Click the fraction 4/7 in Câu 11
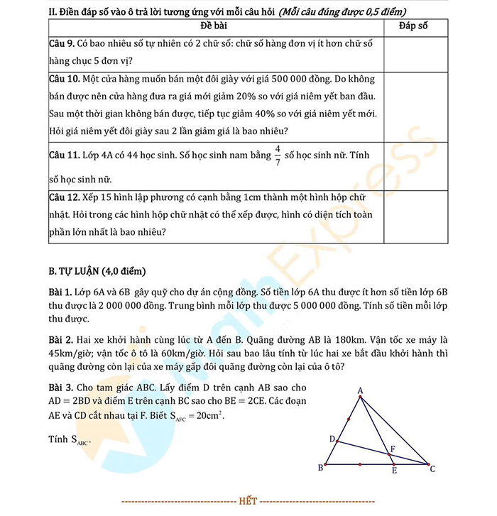(278, 155)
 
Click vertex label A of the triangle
(361, 391)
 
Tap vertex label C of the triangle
(432, 469)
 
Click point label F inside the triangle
(393, 449)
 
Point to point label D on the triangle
(332, 439)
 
